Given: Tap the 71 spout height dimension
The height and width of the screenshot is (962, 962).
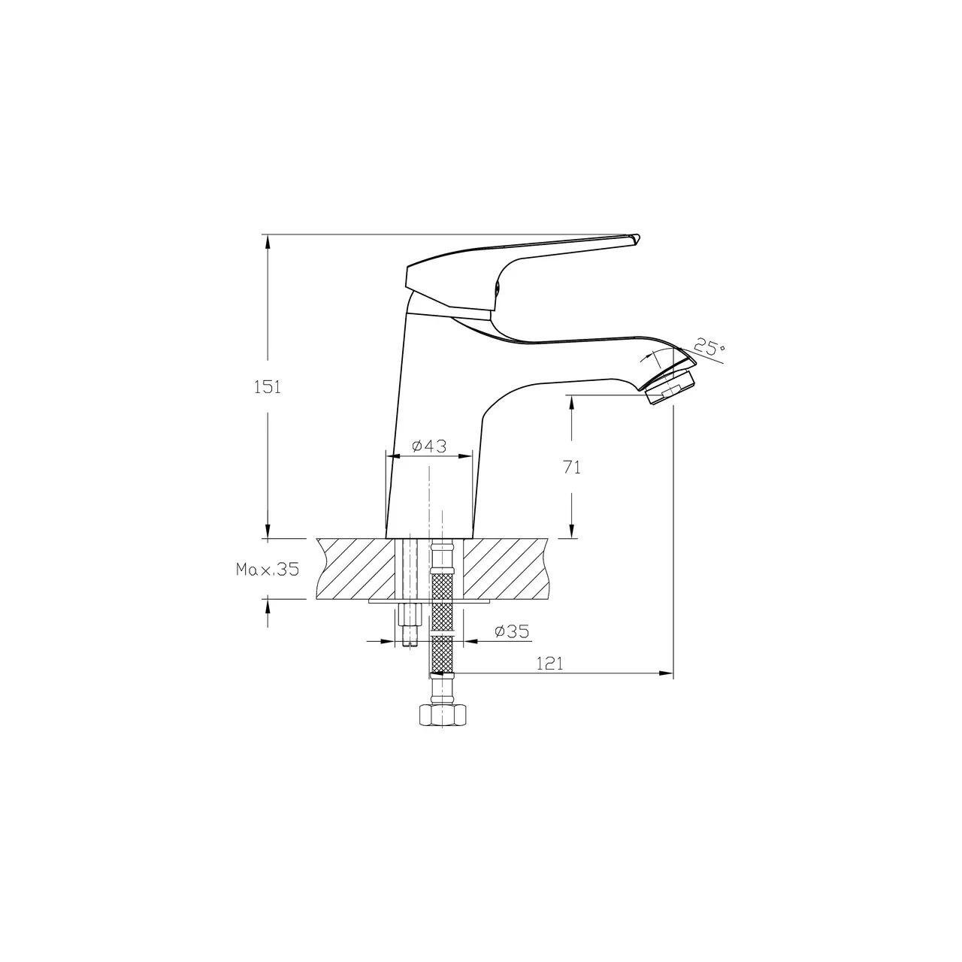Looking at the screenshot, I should [572, 467].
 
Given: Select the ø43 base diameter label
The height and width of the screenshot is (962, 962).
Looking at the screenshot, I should [429, 446].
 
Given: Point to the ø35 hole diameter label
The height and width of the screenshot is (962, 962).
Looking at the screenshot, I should [512, 632].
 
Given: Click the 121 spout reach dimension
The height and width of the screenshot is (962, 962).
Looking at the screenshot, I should [550, 663].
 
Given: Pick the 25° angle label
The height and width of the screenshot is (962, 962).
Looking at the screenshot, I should [709, 348].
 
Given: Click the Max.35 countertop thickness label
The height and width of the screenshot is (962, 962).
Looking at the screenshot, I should [268, 569].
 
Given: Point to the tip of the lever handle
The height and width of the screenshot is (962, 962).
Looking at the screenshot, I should [636, 238].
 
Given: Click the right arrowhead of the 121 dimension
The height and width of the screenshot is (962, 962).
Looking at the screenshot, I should [667, 673].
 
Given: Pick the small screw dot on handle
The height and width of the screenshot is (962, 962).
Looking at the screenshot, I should [497, 286].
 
